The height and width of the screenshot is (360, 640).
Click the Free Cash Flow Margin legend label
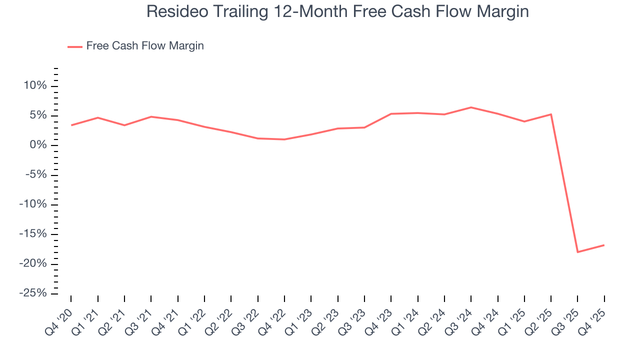(145, 46)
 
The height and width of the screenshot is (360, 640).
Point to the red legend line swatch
(74, 46)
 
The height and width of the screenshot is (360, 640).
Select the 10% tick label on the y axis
(35, 86)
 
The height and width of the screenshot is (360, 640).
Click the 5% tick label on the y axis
(38, 115)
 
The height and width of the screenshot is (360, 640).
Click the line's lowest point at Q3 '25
(577, 252)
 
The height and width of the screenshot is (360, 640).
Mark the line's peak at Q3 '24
(471, 107)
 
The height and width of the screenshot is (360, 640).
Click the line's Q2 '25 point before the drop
(551, 114)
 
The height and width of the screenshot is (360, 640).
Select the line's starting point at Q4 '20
(71, 125)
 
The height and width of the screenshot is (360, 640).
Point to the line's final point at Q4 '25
(604, 245)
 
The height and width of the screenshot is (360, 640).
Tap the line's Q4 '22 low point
(284, 139)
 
